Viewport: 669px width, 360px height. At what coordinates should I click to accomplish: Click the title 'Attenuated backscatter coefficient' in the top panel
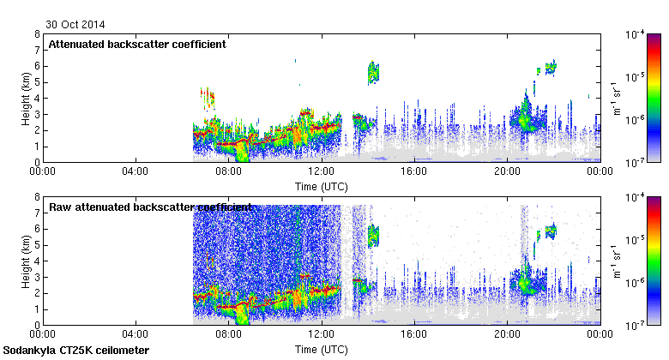[x=137, y=45]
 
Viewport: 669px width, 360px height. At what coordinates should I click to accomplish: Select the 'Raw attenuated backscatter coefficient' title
[x=150, y=207]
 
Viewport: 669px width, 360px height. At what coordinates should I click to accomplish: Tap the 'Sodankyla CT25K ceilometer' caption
[x=76, y=351]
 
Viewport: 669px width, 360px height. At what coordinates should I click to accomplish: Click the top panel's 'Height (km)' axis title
[x=26, y=98]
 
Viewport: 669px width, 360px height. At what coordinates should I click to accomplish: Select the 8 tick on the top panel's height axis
[x=37, y=34]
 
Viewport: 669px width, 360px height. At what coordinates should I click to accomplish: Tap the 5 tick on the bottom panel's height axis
[x=37, y=245]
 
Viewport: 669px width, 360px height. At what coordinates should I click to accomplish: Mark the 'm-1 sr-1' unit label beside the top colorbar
[x=615, y=98]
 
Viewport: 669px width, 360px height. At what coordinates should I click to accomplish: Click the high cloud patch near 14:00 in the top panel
[x=373, y=73]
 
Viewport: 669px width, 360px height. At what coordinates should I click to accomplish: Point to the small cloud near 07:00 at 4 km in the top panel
[x=207, y=97]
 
